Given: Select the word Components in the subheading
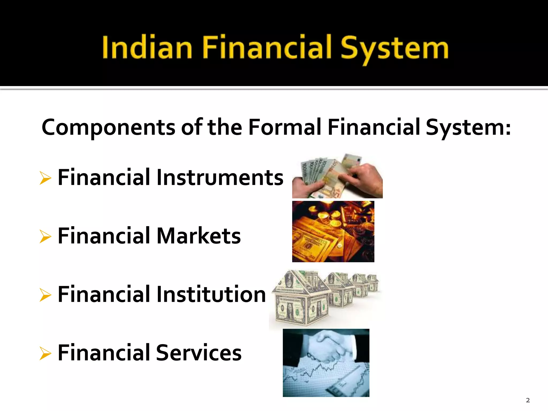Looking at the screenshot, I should tap(108, 127).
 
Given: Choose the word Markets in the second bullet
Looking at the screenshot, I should tap(199, 236).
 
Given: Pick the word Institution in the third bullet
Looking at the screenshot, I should tap(211, 294).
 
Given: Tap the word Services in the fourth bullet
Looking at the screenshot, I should tap(199, 353).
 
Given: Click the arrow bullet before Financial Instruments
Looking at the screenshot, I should tap(45, 178).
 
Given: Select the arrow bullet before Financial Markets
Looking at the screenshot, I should tap(45, 236).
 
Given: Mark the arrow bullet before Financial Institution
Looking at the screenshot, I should tap(45, 295).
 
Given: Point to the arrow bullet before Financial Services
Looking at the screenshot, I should tap(45, 353).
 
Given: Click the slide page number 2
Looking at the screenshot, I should tap(528, 400).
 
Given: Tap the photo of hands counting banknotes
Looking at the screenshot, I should tap(337, 176).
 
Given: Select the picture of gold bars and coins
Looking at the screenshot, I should tap(333, 231).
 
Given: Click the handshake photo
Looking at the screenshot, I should tap(326, 363).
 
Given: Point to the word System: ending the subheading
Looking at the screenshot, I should tap(468, 127).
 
